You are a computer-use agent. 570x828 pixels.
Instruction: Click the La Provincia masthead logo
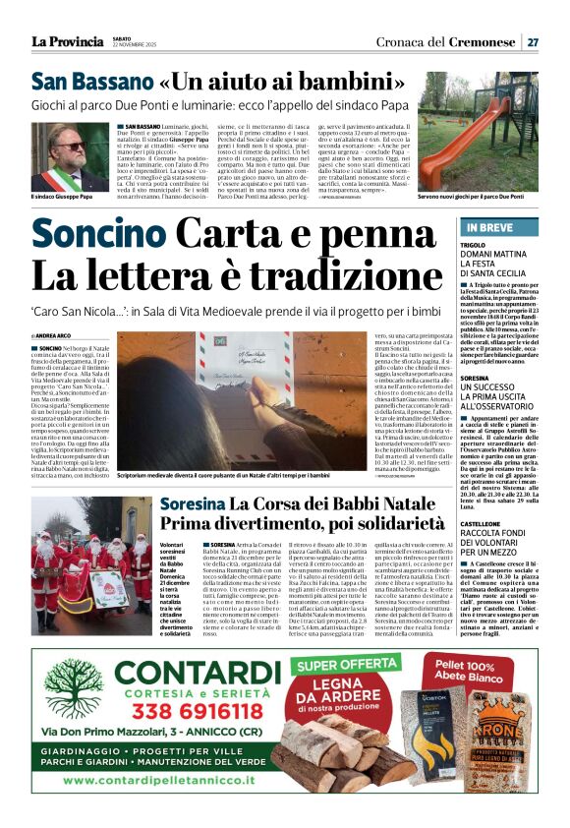69,41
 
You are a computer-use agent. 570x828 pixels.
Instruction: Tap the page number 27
532,42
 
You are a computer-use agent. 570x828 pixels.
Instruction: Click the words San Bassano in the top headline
89,83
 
